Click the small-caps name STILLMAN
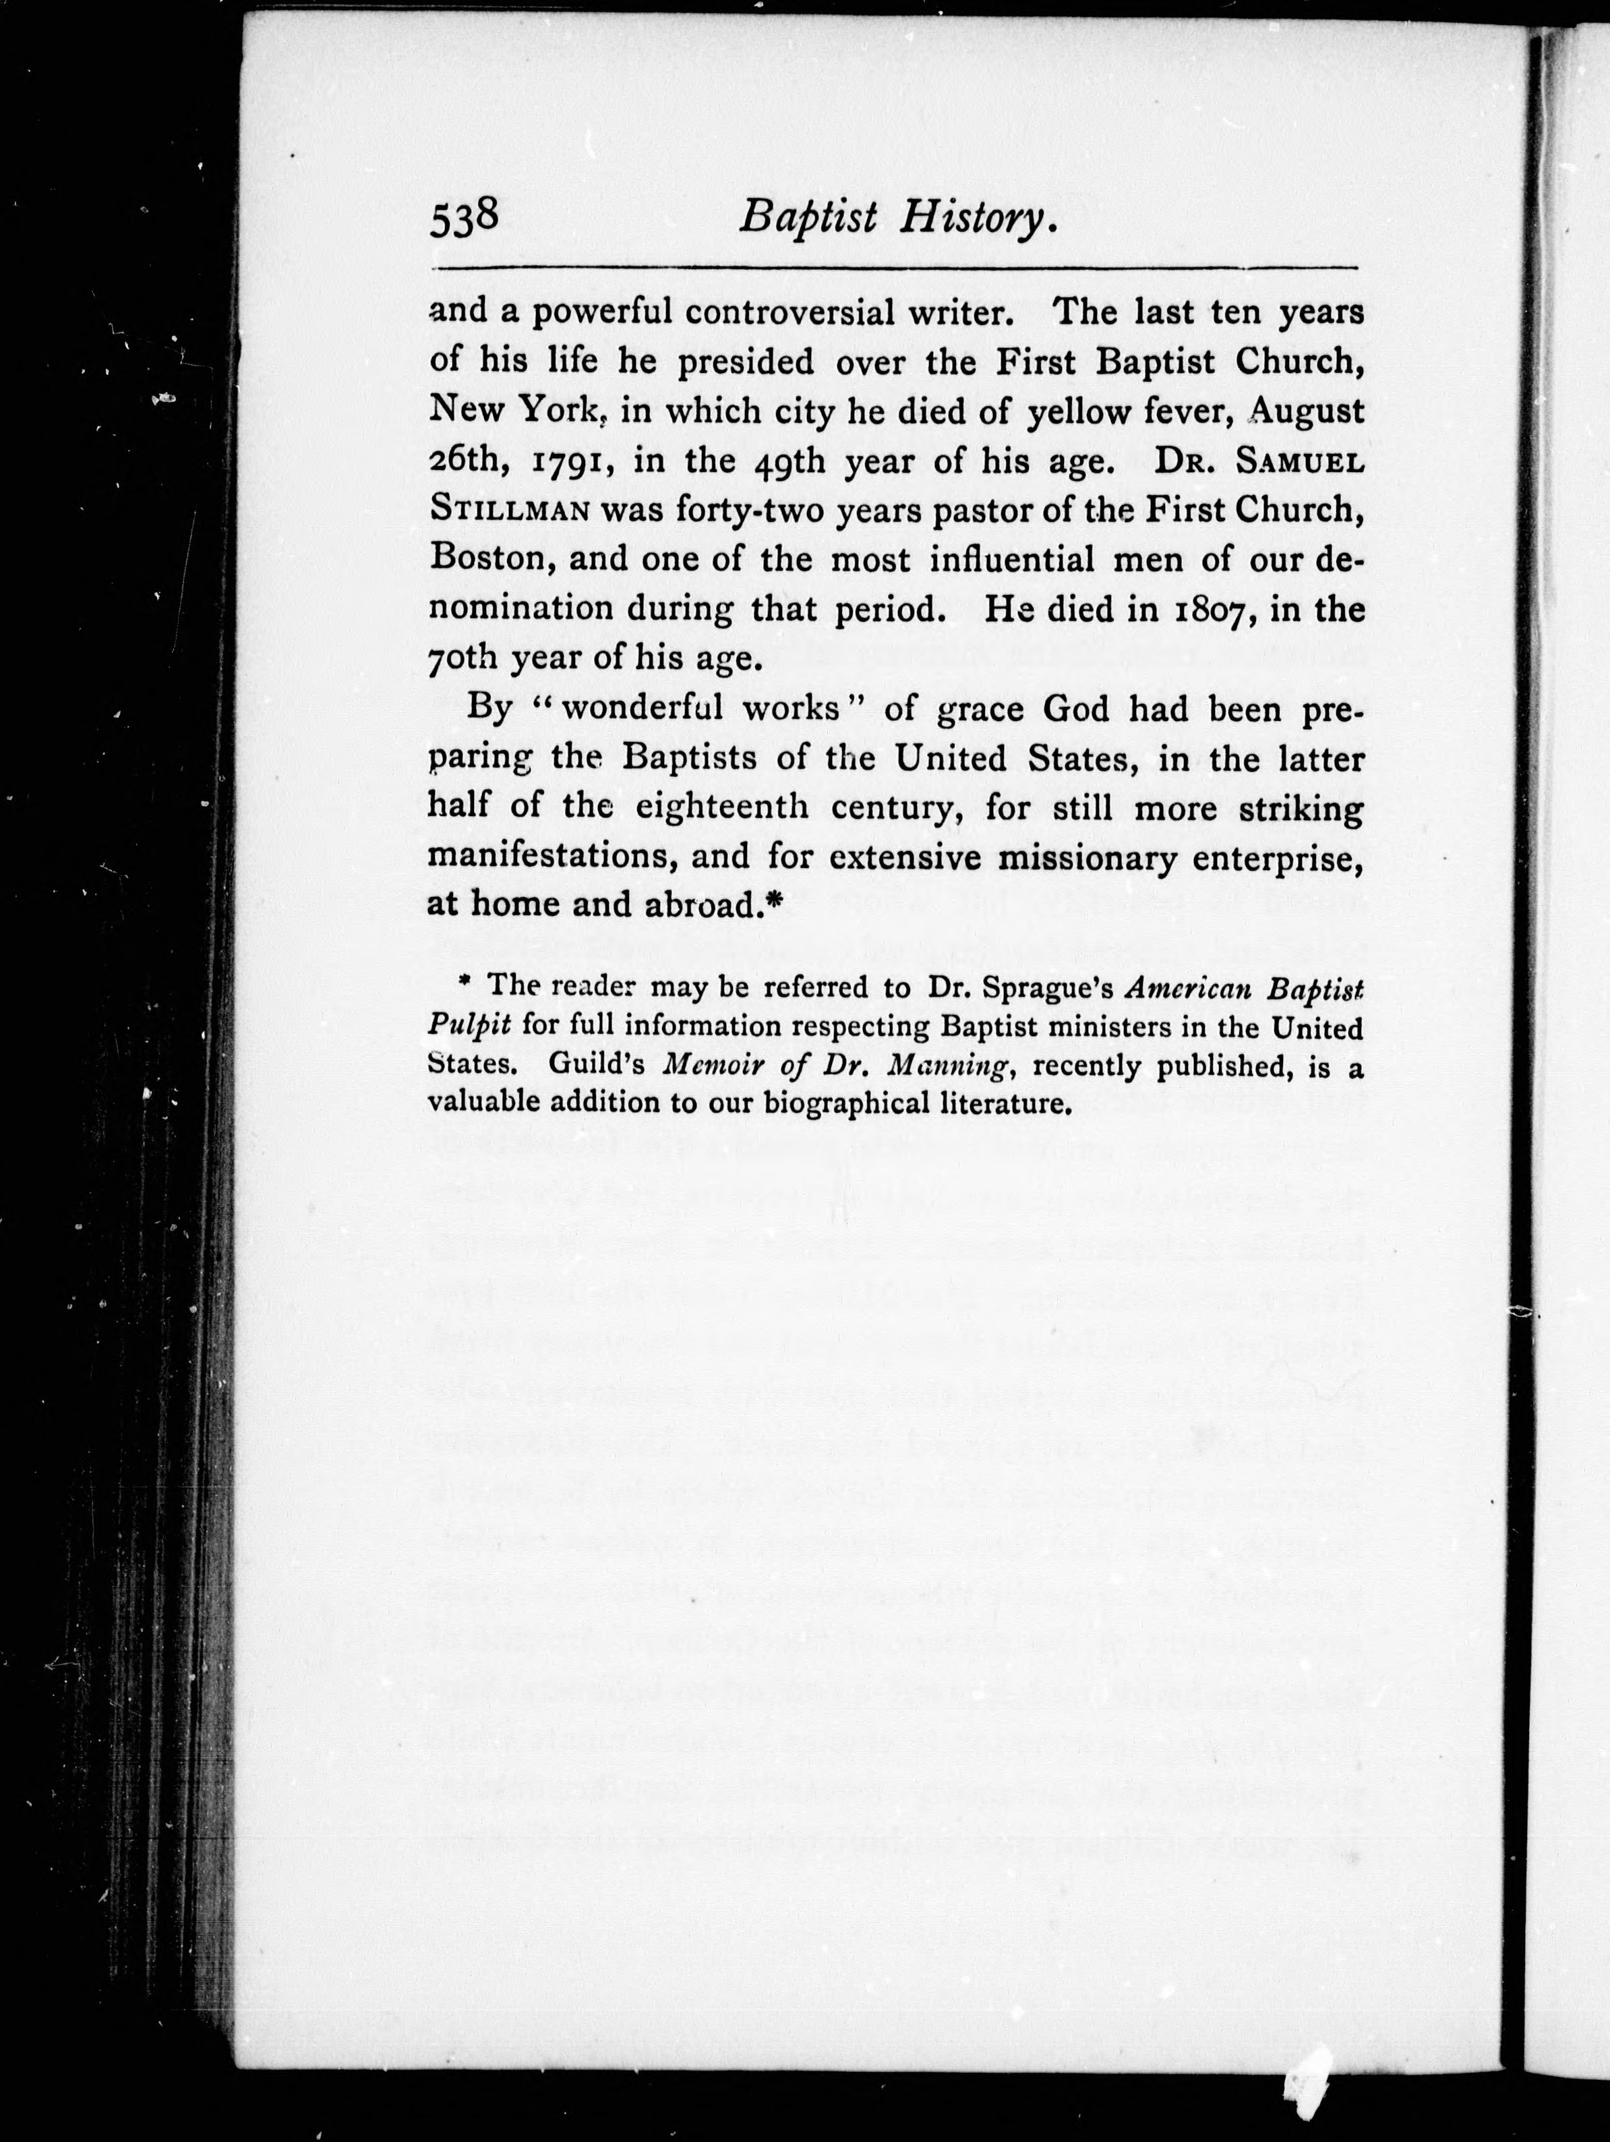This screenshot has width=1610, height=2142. [509, 511]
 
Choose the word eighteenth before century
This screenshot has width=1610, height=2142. [721, 807]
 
